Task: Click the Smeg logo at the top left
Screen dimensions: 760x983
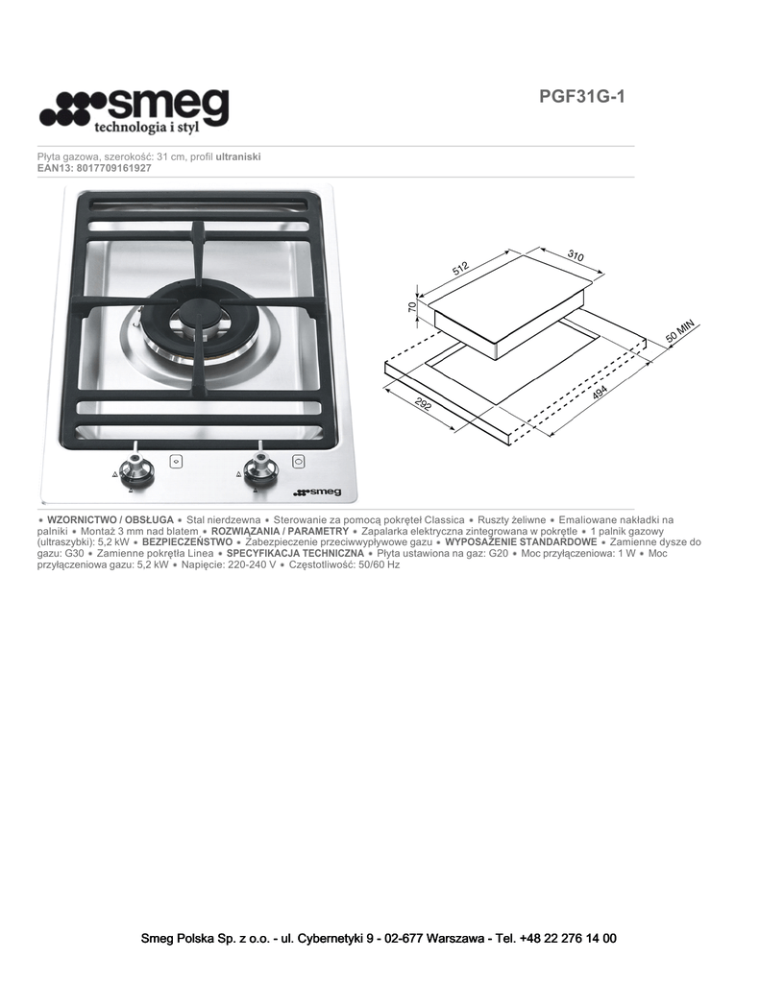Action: tap(134, 110)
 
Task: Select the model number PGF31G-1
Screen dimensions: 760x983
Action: tap(581, 97)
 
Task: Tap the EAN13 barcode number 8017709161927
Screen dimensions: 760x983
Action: tap(114, 168)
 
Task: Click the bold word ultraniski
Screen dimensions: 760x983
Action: tap(238, 156)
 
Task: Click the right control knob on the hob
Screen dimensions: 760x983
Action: tap(257, 468)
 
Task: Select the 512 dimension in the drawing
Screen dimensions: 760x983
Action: tap(461, 269)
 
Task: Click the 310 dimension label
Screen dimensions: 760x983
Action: tap(576, 255)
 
